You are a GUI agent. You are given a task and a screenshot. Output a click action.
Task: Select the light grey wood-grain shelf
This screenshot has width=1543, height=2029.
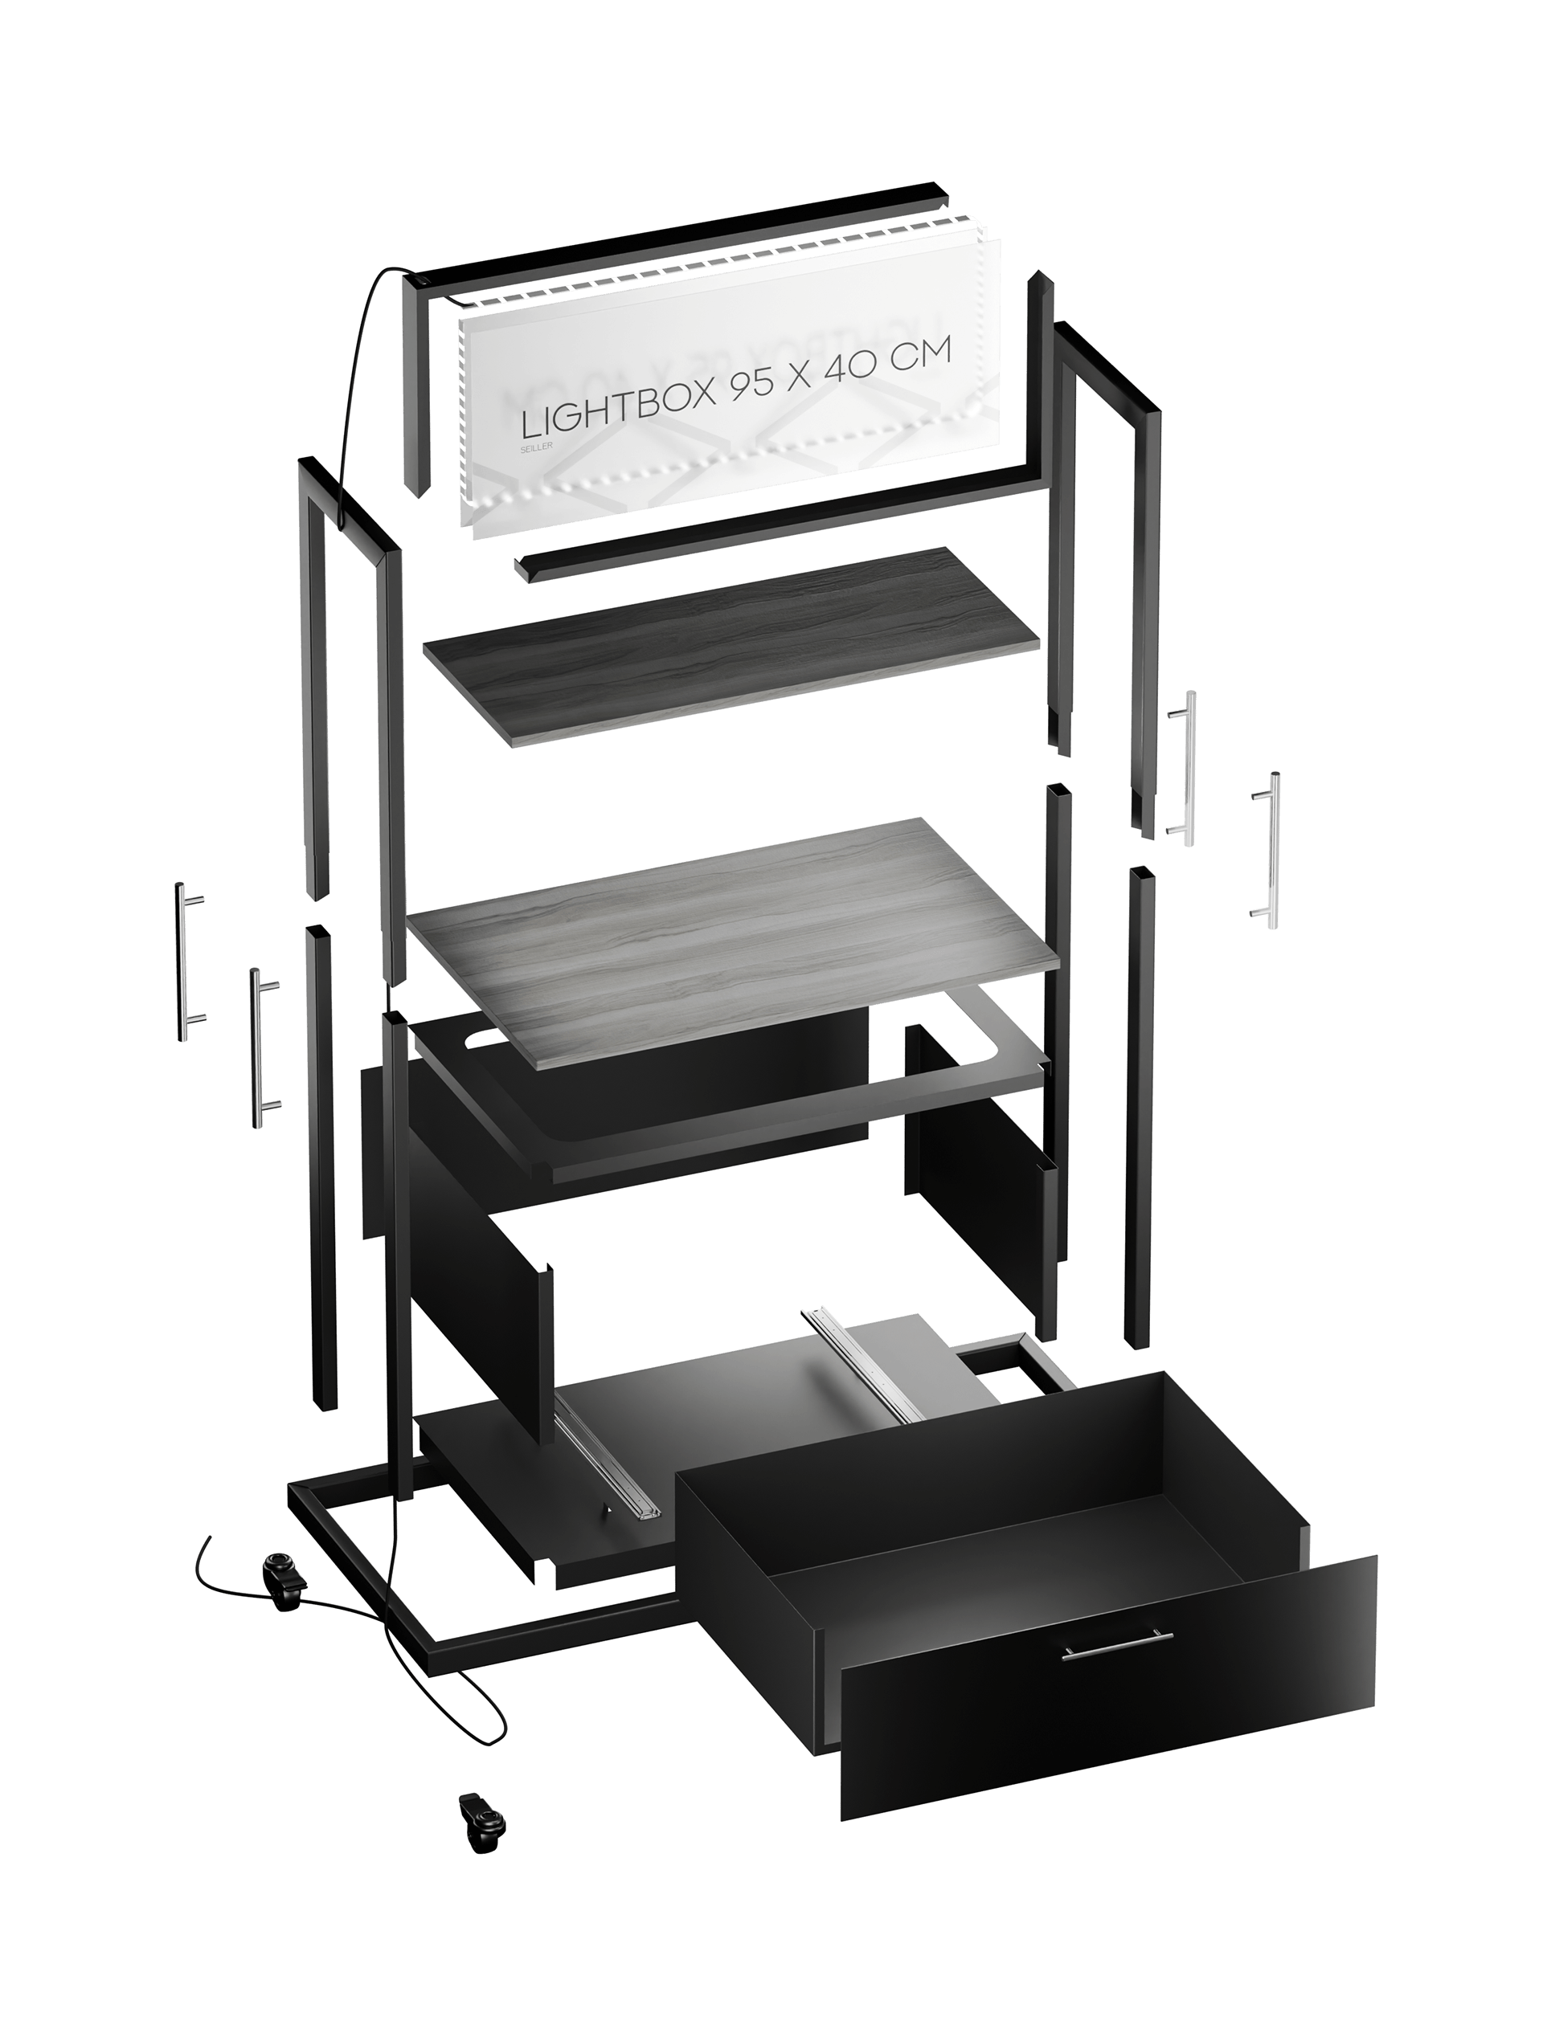735,937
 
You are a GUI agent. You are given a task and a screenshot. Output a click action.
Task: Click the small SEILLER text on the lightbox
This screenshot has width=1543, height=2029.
536,448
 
